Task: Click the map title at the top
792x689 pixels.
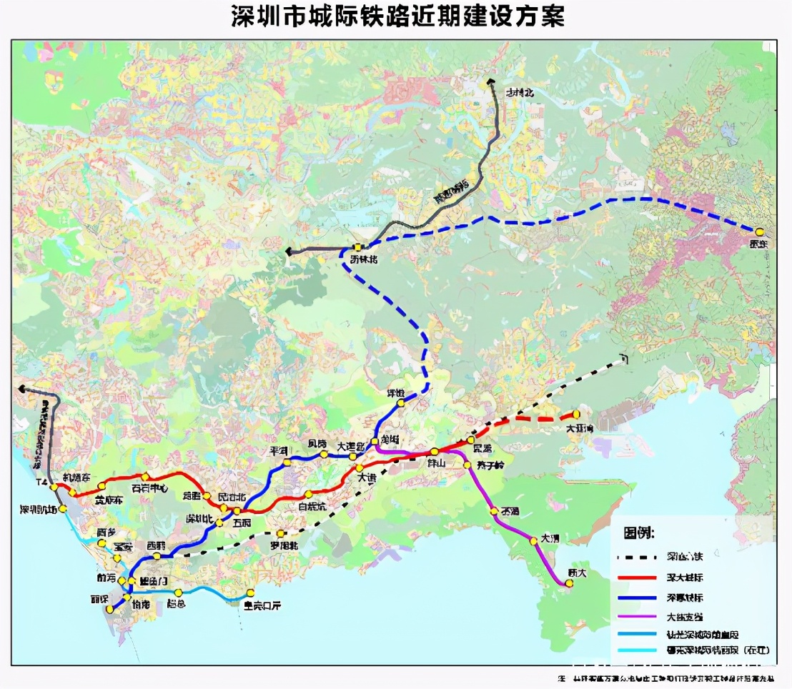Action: point(397,16)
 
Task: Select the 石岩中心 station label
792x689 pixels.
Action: point(149,489)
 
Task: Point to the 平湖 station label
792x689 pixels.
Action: point(278,452)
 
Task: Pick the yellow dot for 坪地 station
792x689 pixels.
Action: point(401,402)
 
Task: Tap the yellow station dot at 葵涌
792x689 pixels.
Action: point(493,511)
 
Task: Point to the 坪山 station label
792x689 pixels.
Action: point(436,463)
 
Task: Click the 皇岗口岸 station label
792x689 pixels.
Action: point(262,605)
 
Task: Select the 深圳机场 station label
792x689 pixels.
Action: point(37,510)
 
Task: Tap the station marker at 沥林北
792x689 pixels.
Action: point(357,248)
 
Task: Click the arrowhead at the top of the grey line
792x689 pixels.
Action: point(491,82)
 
